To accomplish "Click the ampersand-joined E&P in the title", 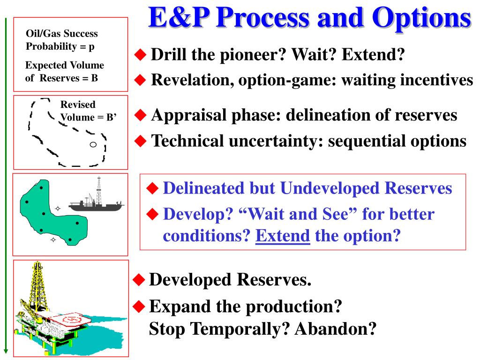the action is [179, 17].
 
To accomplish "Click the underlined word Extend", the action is [283, 236].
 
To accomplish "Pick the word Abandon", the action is [336, 329].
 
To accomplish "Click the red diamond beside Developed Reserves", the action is [139, 280].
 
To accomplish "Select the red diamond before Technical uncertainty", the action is [140, 141].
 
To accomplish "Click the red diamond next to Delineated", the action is [152, 188].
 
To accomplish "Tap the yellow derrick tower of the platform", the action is [37, 286].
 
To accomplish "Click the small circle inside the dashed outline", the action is [93, 144].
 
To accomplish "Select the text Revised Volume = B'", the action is [88, 111].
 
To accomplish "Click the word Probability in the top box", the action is [51, 46].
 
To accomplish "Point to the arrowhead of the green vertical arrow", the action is [6, 351].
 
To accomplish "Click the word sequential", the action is [367, 142].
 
